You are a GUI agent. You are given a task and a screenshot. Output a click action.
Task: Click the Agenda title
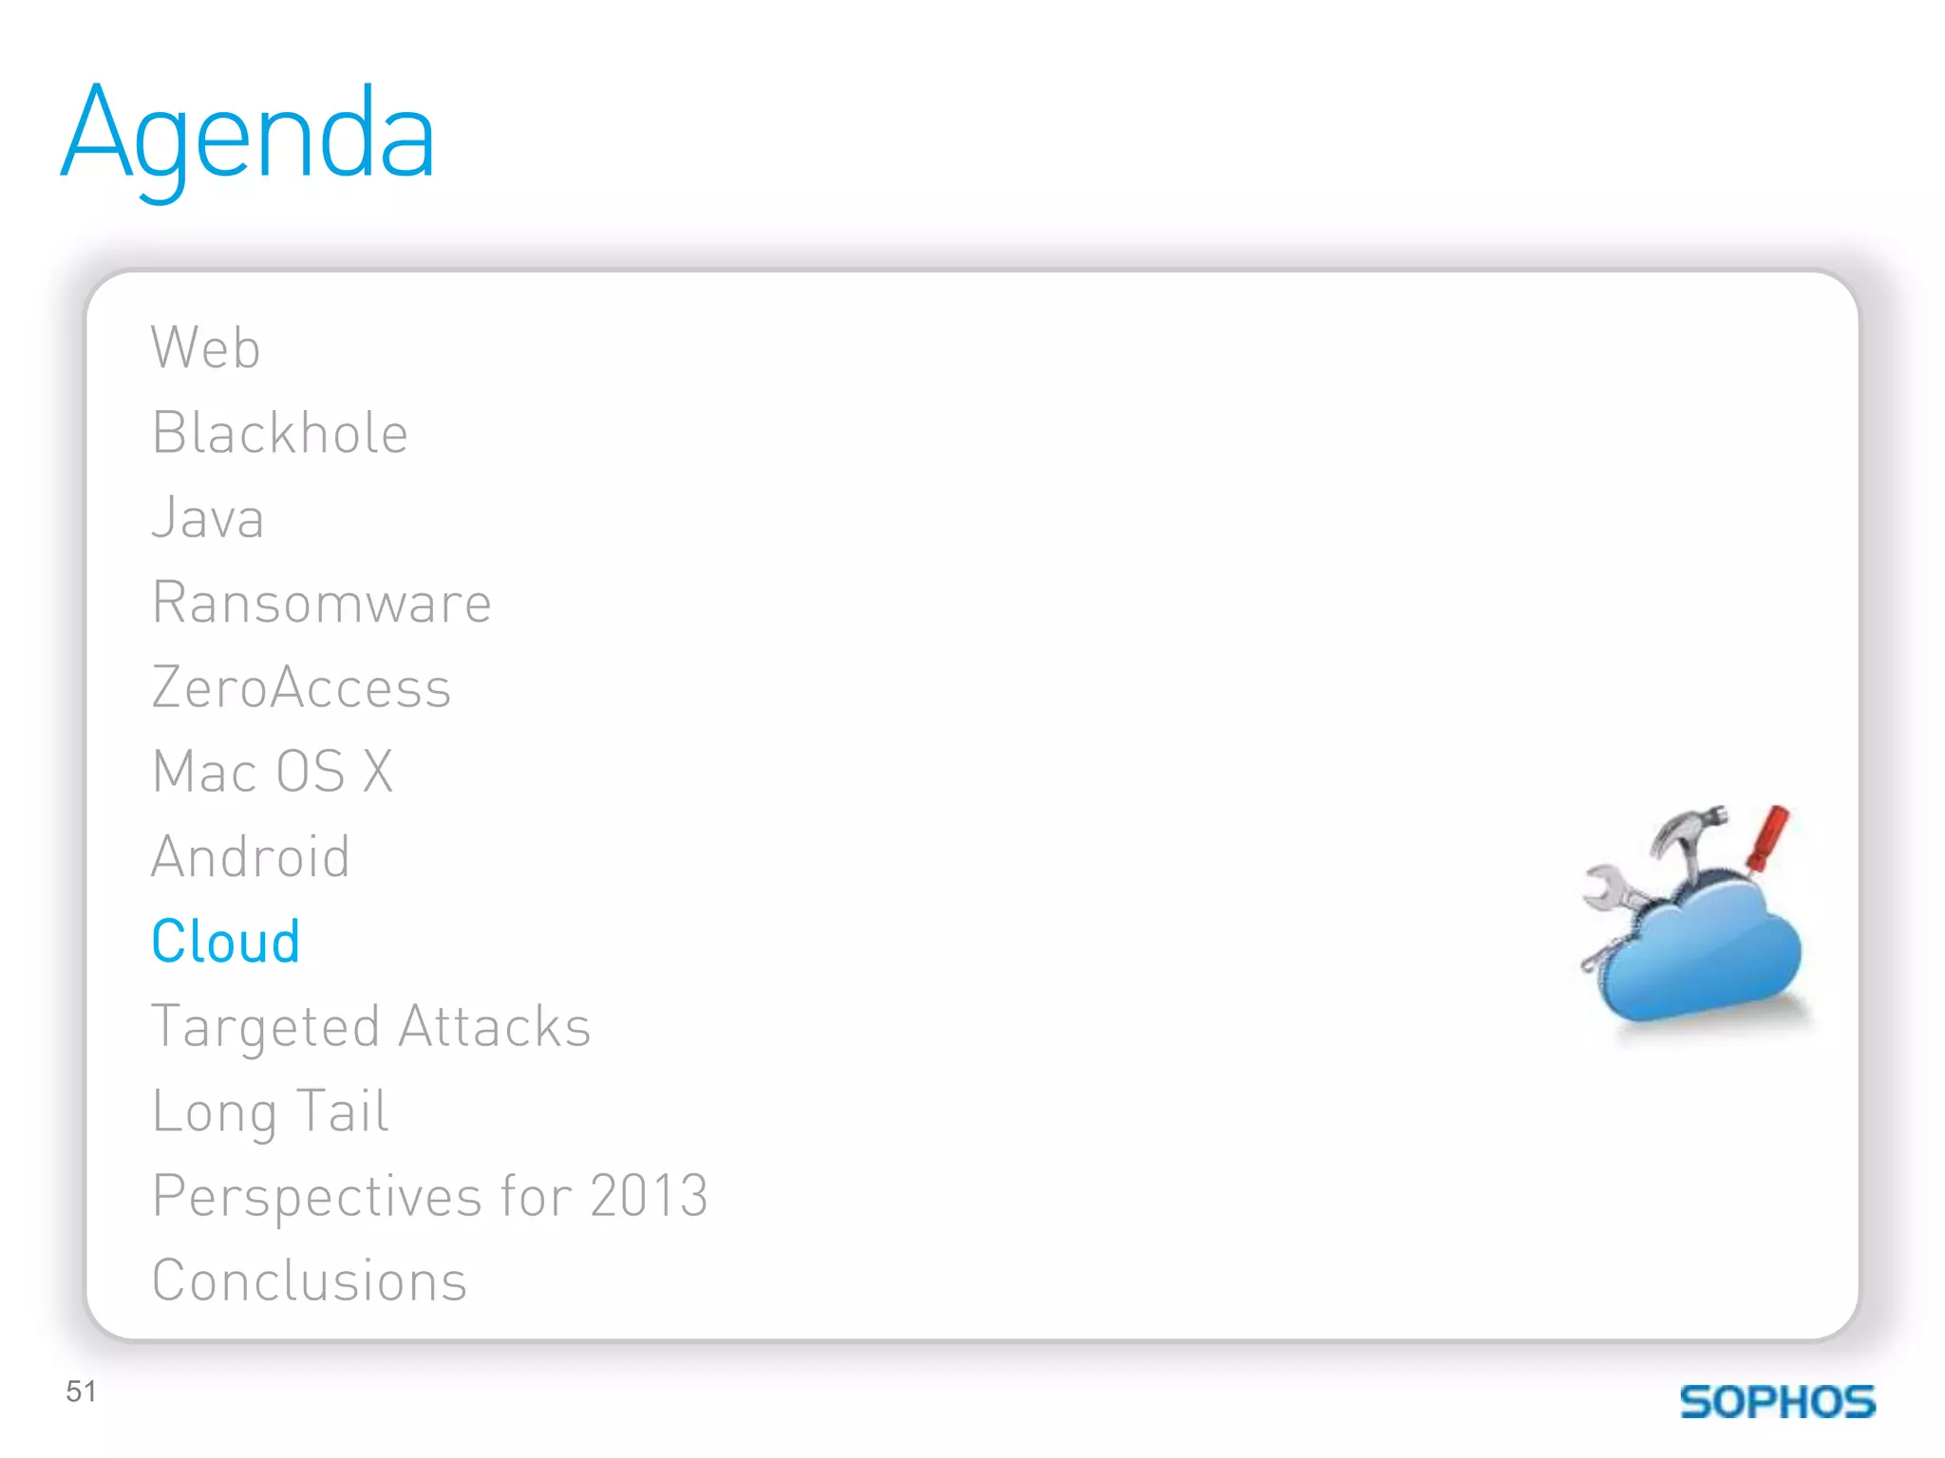point(249,136)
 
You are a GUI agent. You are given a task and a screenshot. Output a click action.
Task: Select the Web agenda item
point(205,347)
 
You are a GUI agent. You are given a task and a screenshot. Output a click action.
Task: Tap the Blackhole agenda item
point(280,433)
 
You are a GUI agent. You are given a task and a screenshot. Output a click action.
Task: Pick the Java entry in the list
point(208,518)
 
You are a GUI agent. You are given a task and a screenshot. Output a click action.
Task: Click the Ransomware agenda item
point(322,603)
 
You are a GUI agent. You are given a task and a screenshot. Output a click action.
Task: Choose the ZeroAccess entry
point(301,687)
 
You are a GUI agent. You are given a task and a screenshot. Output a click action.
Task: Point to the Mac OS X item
point(273,771)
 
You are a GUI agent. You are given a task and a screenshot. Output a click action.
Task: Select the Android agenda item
point(251,856)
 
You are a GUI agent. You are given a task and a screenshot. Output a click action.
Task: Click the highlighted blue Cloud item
point(226,942)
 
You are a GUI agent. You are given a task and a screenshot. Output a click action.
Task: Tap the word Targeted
point(266,1027)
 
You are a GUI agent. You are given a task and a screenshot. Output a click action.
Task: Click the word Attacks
point(495,1027)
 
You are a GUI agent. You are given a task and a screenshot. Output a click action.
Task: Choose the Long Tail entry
point(271,1112)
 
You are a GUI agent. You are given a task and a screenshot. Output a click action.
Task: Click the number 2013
point(649,1195)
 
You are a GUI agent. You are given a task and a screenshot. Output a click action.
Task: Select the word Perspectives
point(317,1196)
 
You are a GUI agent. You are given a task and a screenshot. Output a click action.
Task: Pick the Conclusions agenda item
point(310,1280)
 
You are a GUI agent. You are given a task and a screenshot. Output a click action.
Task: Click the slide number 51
point(82,1392)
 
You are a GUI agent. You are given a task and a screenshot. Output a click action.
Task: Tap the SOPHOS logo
point(1777,1402)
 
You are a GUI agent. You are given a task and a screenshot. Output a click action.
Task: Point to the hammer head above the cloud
point(1687,824)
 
